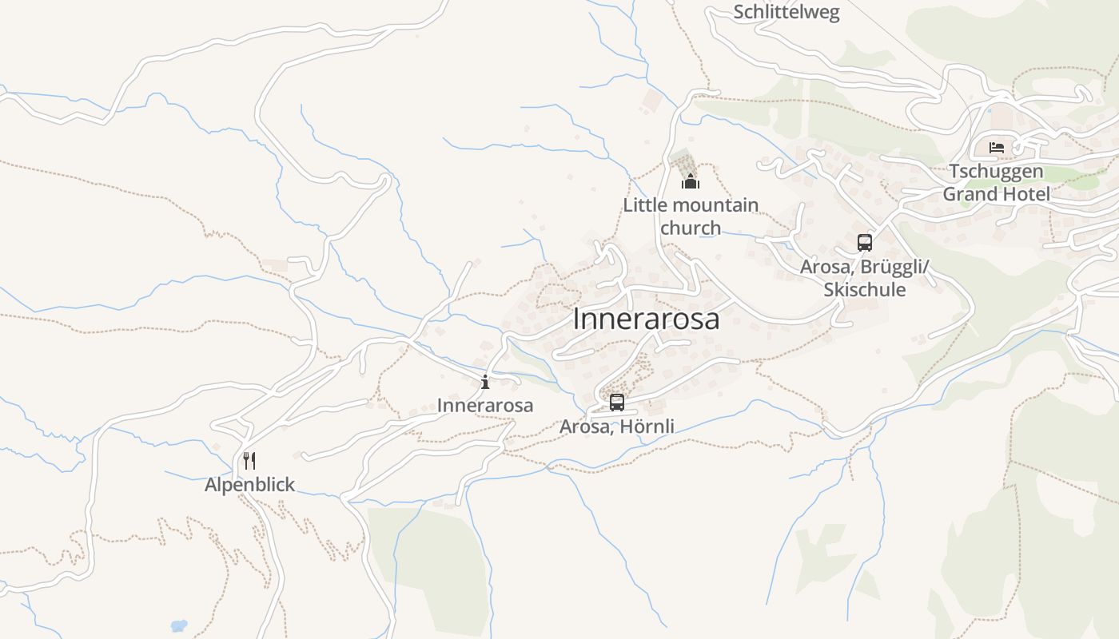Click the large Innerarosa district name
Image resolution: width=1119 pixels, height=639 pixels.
click(646, 319)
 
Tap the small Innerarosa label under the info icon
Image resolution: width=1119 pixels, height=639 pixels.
click(484, 405)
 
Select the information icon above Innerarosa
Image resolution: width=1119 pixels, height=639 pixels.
click(485, 382)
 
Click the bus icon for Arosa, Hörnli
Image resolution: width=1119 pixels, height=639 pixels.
click(616, 403)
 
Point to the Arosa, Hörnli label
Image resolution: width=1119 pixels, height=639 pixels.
click(616, 427)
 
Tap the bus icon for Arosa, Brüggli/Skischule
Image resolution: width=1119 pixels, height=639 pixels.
click(864, 243)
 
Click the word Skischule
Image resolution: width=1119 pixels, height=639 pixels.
click(865, 289)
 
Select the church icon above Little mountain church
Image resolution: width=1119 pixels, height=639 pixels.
click(691, 182)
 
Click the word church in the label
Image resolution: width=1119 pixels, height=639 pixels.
click(691, 228)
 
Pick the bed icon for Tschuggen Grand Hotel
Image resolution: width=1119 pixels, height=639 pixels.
click(997, 148)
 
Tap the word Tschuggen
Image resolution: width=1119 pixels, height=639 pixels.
click(996, 171)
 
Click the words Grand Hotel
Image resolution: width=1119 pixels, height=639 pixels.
click(996, 193)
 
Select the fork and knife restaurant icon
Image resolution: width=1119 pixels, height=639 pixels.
click(249, 461)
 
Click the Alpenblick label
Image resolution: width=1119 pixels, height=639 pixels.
click(249, 485)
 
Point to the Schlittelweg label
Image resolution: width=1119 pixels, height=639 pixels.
click(786, 12)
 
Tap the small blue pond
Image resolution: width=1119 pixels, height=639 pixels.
click(179, 625)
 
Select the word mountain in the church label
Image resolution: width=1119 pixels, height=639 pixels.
click(710, 205)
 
